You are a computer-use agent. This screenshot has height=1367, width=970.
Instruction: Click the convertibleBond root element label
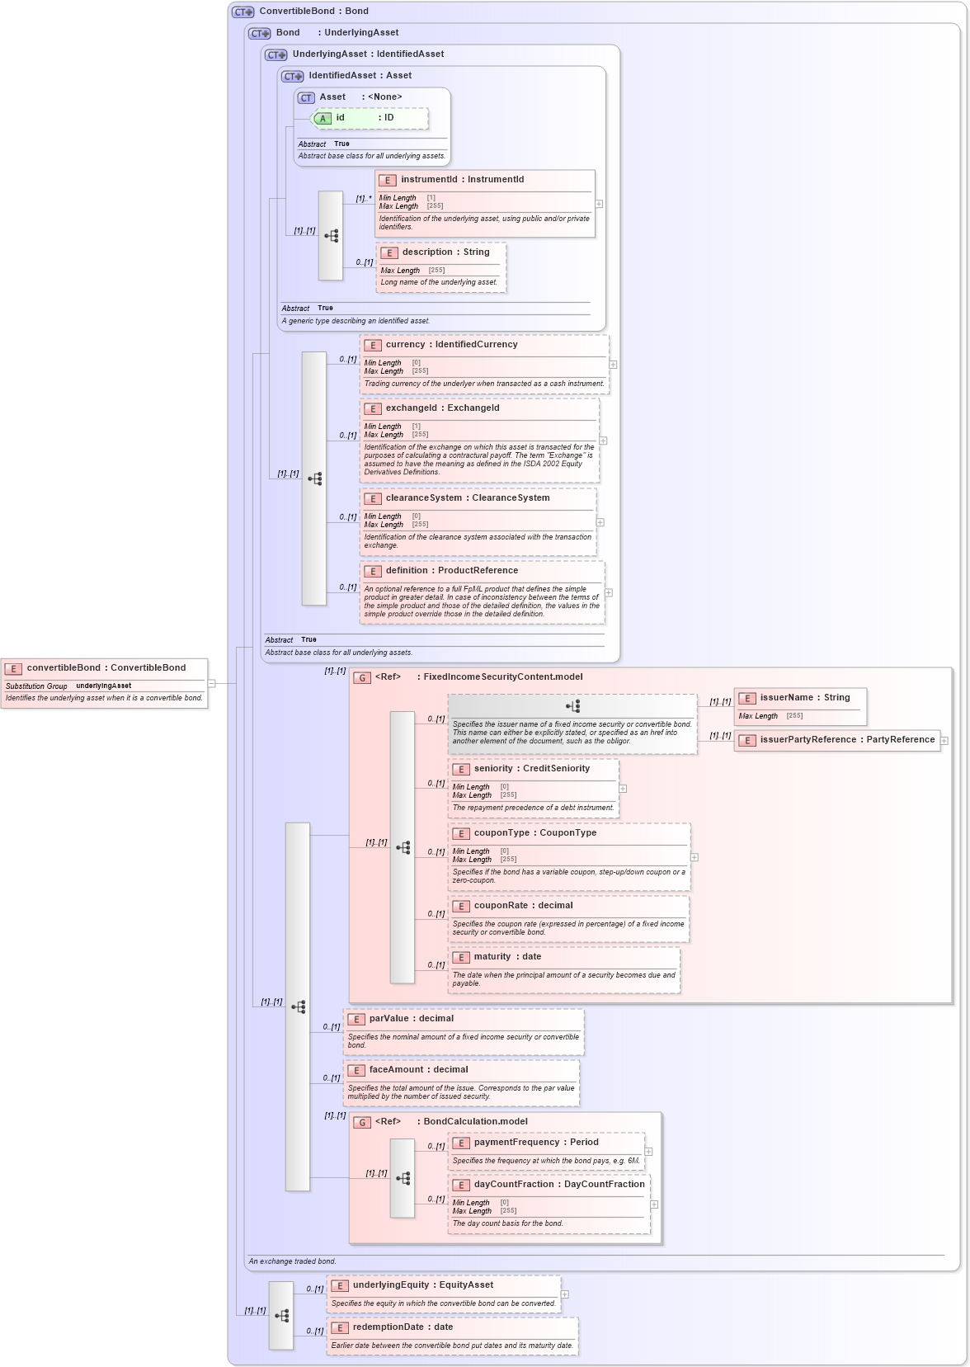click(x=106, y=667)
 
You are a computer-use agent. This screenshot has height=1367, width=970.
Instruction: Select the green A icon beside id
click(x=323, y=119)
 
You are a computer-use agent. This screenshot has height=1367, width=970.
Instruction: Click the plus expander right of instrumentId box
click(x=599, y=204)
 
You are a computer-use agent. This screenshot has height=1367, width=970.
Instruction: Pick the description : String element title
click(x=445, y=252)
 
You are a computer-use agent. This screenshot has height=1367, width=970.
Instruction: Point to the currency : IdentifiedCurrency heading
click(x=451, y=345)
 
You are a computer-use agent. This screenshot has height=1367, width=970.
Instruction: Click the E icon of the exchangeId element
click(x=373, y=408)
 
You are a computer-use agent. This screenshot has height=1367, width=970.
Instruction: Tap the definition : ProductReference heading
click(x=451, y=571)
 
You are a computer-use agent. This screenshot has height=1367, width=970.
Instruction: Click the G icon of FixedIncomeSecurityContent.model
click(x=361, y=677)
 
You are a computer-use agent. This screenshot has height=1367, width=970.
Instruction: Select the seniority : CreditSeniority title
click(x=531, y=769)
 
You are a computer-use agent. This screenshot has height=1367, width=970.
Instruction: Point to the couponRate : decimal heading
click(x=523, y=906)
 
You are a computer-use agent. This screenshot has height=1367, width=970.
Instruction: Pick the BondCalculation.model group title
click(x=475, y=1122)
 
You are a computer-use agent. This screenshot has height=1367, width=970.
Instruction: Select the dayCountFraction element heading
click(x=558, y=1185)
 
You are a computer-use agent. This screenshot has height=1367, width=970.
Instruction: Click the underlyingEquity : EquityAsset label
click(x=422, y=1285)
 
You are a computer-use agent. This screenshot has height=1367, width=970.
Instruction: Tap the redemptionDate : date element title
click(x=403, y=1327)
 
